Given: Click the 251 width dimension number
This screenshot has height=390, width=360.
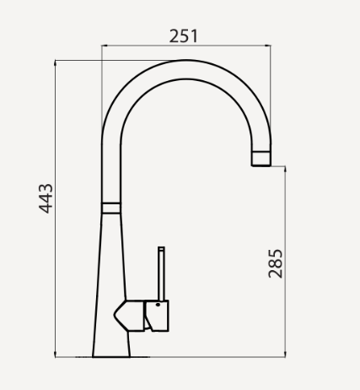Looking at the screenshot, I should coord(184,35).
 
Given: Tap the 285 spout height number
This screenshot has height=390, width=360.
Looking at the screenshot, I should coord(275,263).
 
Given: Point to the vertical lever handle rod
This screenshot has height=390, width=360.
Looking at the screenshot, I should coord(160,275).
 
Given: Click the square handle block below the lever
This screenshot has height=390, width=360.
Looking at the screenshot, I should coord(159,316).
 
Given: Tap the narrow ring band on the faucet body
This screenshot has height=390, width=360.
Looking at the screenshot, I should coord(110,206).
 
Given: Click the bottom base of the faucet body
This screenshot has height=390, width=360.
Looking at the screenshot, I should coord(112,352).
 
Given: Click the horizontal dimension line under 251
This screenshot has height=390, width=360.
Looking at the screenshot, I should coord(185,46).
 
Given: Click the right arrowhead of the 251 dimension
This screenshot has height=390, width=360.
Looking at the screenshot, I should coord(269,46).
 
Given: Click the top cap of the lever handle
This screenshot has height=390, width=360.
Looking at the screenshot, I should coord(160,249).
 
